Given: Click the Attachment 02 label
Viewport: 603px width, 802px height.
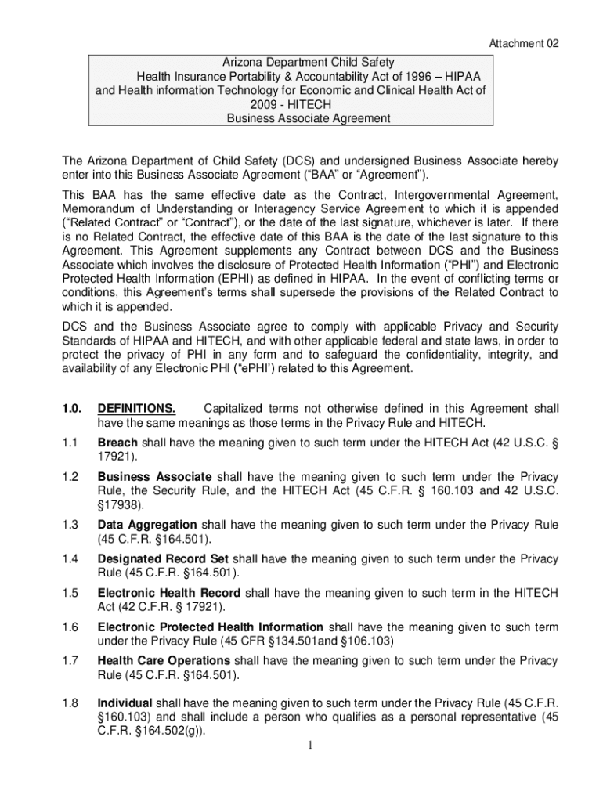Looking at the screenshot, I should (524, 43).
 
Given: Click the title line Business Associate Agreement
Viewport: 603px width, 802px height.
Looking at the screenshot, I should (308, 118).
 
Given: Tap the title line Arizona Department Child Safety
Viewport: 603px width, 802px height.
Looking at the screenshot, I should (307, 62).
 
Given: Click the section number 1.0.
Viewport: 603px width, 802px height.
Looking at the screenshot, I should (71, 409).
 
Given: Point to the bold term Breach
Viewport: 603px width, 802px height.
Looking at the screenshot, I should (117, 443).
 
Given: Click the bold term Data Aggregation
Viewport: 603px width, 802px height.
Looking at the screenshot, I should (146, 525).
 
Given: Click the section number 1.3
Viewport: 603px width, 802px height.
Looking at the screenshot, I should (70, 525).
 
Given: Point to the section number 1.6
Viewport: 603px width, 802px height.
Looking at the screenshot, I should (70, 627).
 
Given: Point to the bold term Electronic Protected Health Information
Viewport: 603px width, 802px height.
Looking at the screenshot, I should (210, 627).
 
